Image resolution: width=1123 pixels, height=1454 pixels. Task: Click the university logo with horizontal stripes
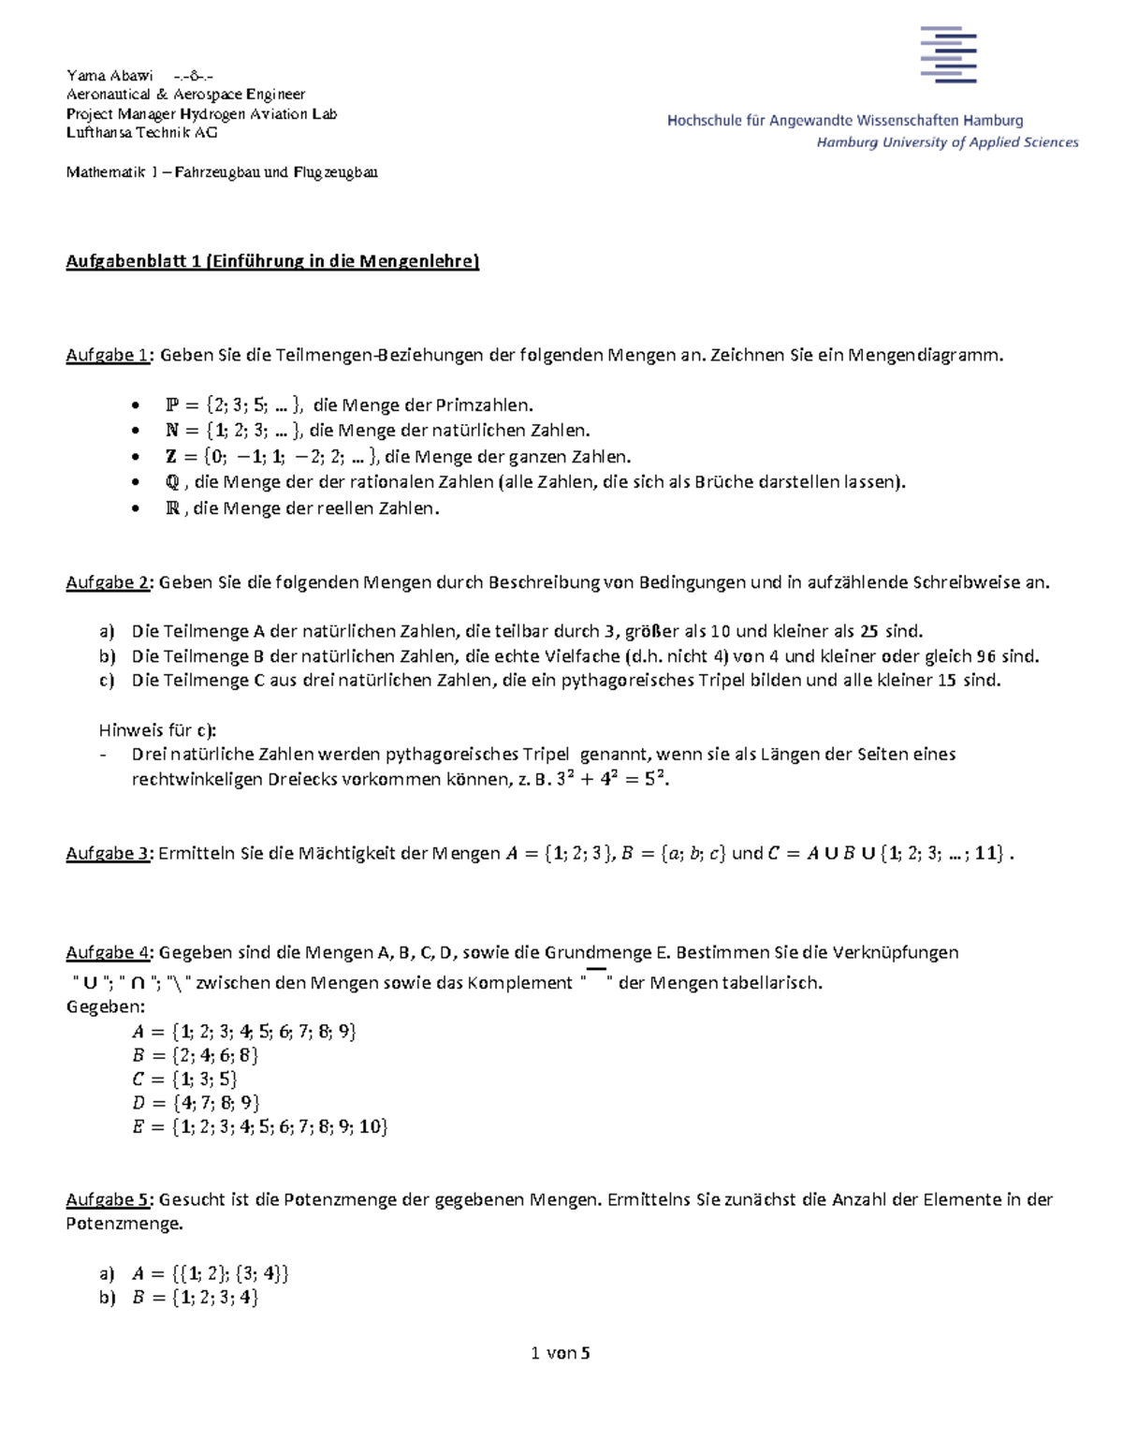pyautogui.click(x=948, y=54)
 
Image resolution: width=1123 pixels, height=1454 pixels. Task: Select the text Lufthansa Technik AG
pyautogui.click(x=141, y=133)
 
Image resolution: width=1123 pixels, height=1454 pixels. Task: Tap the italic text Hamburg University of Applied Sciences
pyautogui.click(x=947, y=142)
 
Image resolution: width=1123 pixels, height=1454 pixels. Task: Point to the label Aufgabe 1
pyautogui.click(x=107, y=356)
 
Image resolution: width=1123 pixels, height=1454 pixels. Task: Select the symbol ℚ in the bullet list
pyautogui.click(x=171, y=483)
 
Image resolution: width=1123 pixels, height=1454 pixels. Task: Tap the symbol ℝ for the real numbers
pyautogui.click(x=172, y=509)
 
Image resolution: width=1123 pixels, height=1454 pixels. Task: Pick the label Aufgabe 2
pyautogui.click(x=107, y=582)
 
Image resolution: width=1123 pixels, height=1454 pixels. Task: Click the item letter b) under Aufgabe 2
pyautogui.click(x=107, y=656)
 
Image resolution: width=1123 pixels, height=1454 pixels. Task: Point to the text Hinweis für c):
pyautogui.click(x=157, y=730)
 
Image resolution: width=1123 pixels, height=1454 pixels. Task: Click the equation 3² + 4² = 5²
pyautogui.click(x=611, y=779)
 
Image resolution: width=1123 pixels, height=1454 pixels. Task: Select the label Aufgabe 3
pyautogui.click(x=107, y=854)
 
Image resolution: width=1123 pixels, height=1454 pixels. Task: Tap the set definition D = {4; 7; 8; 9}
pyautogui.click(x=197, y=1103)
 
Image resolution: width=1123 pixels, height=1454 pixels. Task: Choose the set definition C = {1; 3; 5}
pyautogui.click(x=185, y=1079)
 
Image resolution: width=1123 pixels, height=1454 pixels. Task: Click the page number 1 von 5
pyautogui.click(x=560, y=1353)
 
